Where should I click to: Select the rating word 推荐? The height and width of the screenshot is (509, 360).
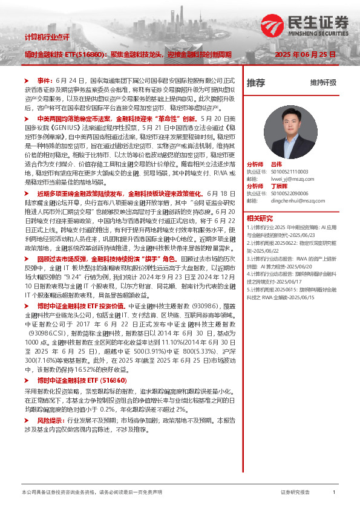[x=255, y=82]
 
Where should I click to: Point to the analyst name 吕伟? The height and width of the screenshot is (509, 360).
[x=277, y=164]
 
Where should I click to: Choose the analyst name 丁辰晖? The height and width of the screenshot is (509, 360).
[x=279, y=186]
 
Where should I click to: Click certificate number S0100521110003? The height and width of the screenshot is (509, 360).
[x=287, y=171]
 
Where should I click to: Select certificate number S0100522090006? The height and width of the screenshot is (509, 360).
[x=287, y=193]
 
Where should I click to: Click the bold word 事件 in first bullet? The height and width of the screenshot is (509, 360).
[x=45, y=80]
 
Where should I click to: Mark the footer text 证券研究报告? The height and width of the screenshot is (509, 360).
[x=295, y=493]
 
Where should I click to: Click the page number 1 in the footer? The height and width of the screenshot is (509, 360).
[x=334, y=493]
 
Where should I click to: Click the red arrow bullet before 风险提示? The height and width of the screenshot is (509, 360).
[x=27, y=420]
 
